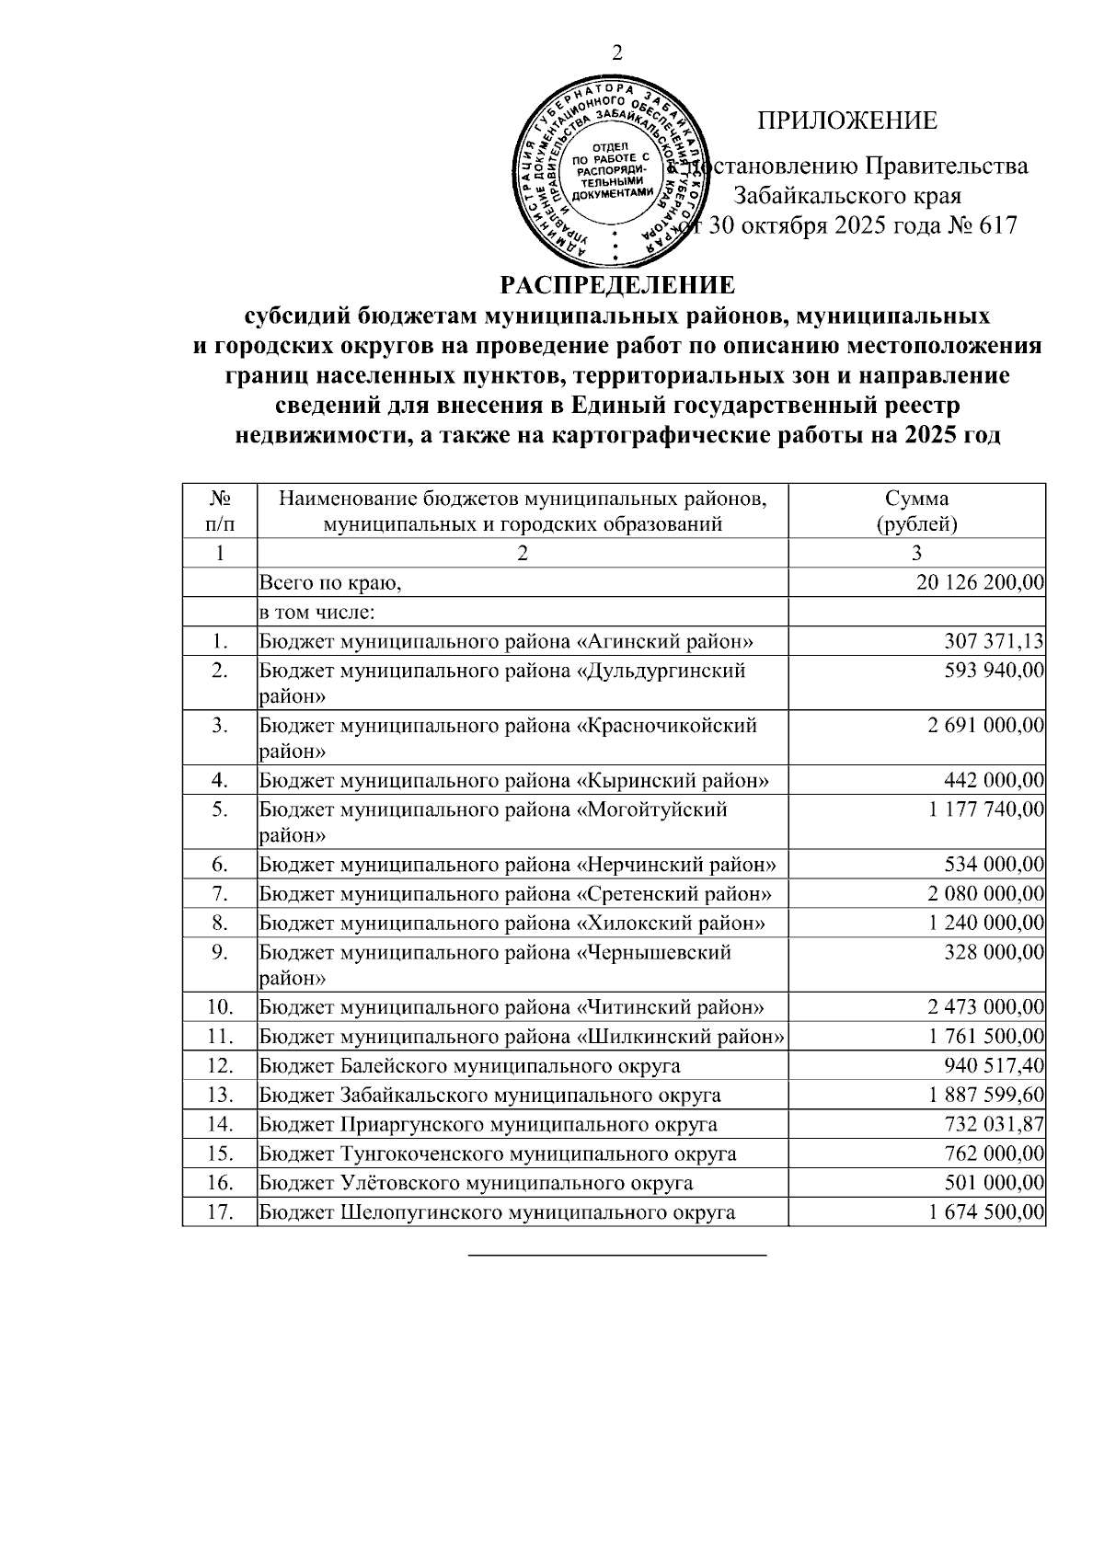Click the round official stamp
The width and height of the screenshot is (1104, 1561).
610,173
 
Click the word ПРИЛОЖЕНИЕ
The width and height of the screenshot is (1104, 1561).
846,121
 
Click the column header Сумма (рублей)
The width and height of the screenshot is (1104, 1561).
916,511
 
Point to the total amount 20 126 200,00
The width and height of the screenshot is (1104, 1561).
980,582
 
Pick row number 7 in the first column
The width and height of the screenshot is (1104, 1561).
219,893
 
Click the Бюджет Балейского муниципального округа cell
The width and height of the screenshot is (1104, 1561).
470,1066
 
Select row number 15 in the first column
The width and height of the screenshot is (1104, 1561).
219,1154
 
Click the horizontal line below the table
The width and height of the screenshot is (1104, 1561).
617,1254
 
